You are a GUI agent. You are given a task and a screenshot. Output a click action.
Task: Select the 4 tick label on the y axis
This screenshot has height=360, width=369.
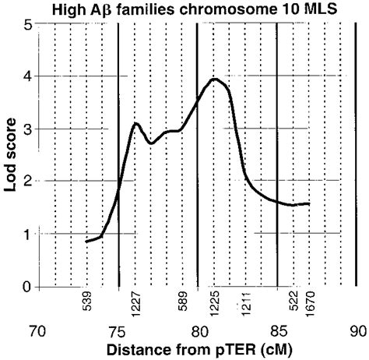tap(27, 76)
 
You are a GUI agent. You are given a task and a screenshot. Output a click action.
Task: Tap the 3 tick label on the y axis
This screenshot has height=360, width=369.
tap(27, 129)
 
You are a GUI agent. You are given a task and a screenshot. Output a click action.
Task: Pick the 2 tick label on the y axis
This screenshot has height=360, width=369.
tap(27, 182)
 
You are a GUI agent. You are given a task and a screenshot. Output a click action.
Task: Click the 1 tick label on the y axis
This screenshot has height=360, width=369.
tap(27, 234)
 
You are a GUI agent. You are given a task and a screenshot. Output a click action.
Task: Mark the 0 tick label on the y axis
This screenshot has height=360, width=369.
tap(27, 287)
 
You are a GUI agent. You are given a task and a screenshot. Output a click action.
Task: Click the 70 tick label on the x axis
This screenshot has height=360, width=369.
tap(37, 330)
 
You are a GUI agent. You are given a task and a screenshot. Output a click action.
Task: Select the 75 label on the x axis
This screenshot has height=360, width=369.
tap(118, 330)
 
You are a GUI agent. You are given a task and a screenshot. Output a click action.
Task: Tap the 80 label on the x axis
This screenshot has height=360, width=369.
tap(198, 330)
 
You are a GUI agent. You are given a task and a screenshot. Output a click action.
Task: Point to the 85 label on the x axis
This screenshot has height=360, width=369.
tap(278, 330)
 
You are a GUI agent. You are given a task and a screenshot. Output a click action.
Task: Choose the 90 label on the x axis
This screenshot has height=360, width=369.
tap(357, 330)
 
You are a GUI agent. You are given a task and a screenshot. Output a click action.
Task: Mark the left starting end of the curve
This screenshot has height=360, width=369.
tap(86, 242)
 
